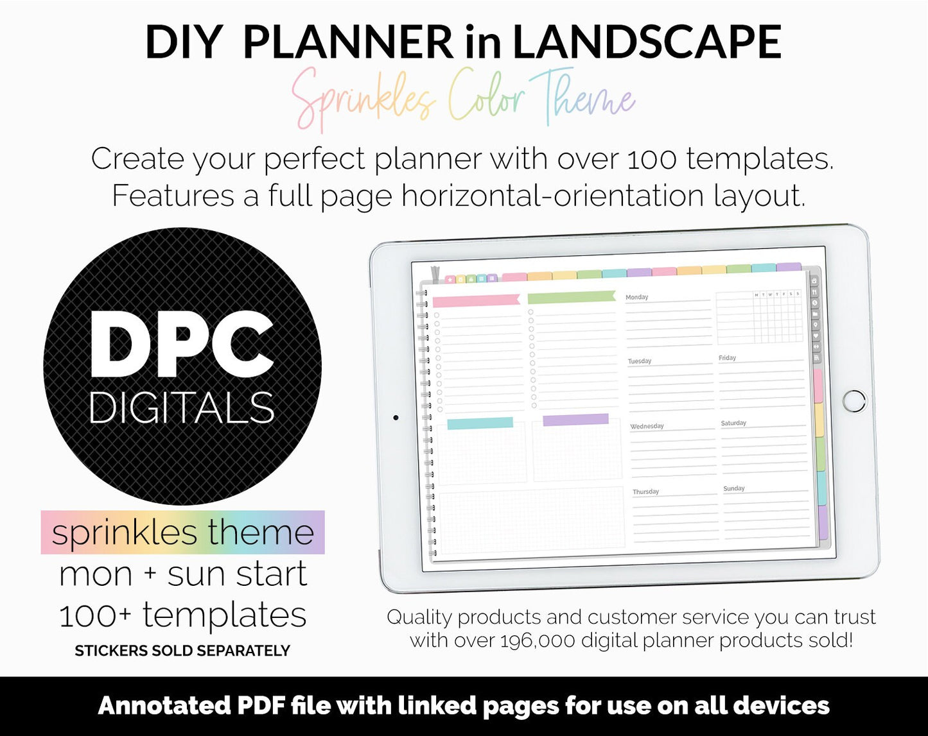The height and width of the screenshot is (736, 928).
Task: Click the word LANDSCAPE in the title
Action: [x=646, y=42]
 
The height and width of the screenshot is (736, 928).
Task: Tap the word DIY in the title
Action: [x=183, y=42]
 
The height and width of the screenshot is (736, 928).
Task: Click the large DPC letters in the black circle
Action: [x=182, y=345]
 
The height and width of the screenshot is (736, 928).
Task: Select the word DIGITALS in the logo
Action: [x=182, y=407]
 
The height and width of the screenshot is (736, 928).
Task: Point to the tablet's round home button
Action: [x=854, y=400]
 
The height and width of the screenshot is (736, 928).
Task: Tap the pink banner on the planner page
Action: [x=476, y=300]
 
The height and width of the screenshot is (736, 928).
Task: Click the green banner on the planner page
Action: [x=571, y=297]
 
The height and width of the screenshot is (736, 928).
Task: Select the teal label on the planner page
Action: [x=480, y=423]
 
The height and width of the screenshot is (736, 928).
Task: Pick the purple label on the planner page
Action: [x=575, y=420]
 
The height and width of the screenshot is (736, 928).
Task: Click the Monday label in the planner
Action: [x=636, y=297]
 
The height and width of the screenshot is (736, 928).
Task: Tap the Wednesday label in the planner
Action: [x=647, y=426]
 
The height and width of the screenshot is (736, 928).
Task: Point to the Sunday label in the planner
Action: [x=733, y=488]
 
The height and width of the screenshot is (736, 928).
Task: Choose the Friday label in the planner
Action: [x=727, y=358]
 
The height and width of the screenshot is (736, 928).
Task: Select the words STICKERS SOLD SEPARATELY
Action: [x=182, y=651]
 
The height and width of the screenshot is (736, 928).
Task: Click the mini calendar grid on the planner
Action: [x=758, y=317]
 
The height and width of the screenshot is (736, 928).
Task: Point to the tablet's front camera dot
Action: [x=396, y=418]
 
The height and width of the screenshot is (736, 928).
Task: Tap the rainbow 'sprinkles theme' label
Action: [x=182, y=533]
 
